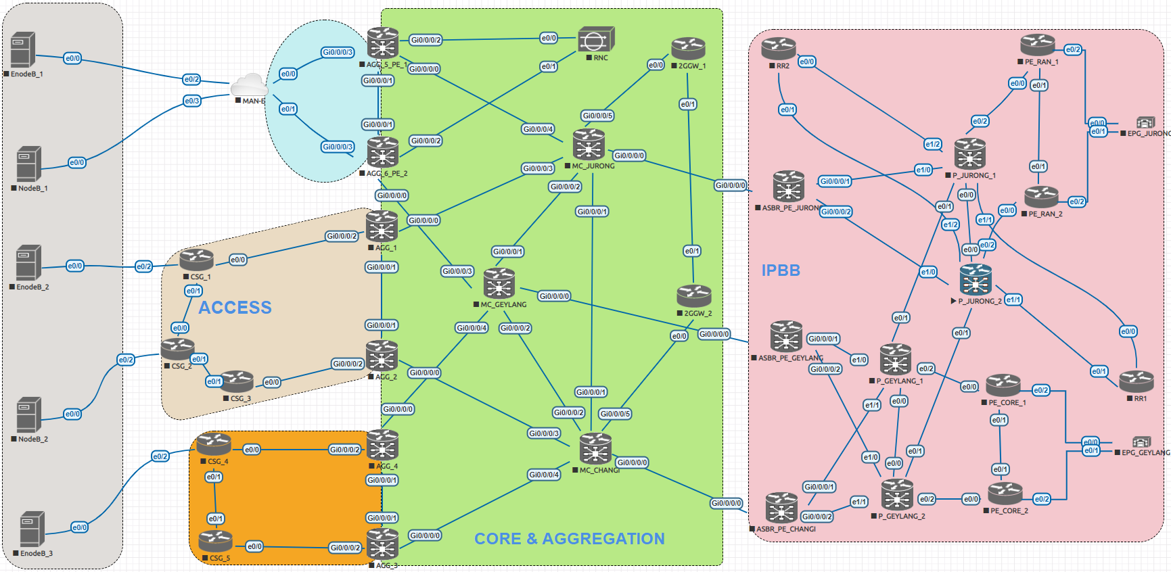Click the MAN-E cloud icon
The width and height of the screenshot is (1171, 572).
click(249, 87)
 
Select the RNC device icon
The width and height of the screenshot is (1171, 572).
click(596, 40)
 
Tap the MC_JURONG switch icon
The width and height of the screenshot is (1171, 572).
click(589, 145)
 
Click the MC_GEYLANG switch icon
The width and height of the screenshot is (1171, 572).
click(499, 283)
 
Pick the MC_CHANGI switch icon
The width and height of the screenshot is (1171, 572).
click(595, 449)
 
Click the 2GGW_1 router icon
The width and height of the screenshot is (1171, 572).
click(688, 49)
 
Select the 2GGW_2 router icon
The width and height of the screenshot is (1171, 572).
click(693, 296)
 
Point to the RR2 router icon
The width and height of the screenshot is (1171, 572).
click(778, 49)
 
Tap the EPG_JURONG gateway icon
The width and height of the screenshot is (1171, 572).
click(1145, 122)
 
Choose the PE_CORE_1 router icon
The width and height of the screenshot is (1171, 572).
click(1003, 385)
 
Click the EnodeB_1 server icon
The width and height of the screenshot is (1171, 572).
click(22, 50)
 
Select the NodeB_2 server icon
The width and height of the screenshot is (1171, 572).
click(29, 414)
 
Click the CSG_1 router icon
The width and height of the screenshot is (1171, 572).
click(197, 260)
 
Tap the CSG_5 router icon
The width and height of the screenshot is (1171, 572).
click(216, 541)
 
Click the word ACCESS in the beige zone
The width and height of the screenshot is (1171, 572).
click(235, 308)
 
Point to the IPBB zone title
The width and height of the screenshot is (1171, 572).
click(781, 270)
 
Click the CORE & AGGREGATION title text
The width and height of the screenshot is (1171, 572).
click(569, 539)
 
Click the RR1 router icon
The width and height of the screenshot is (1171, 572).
click(1136, 381)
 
